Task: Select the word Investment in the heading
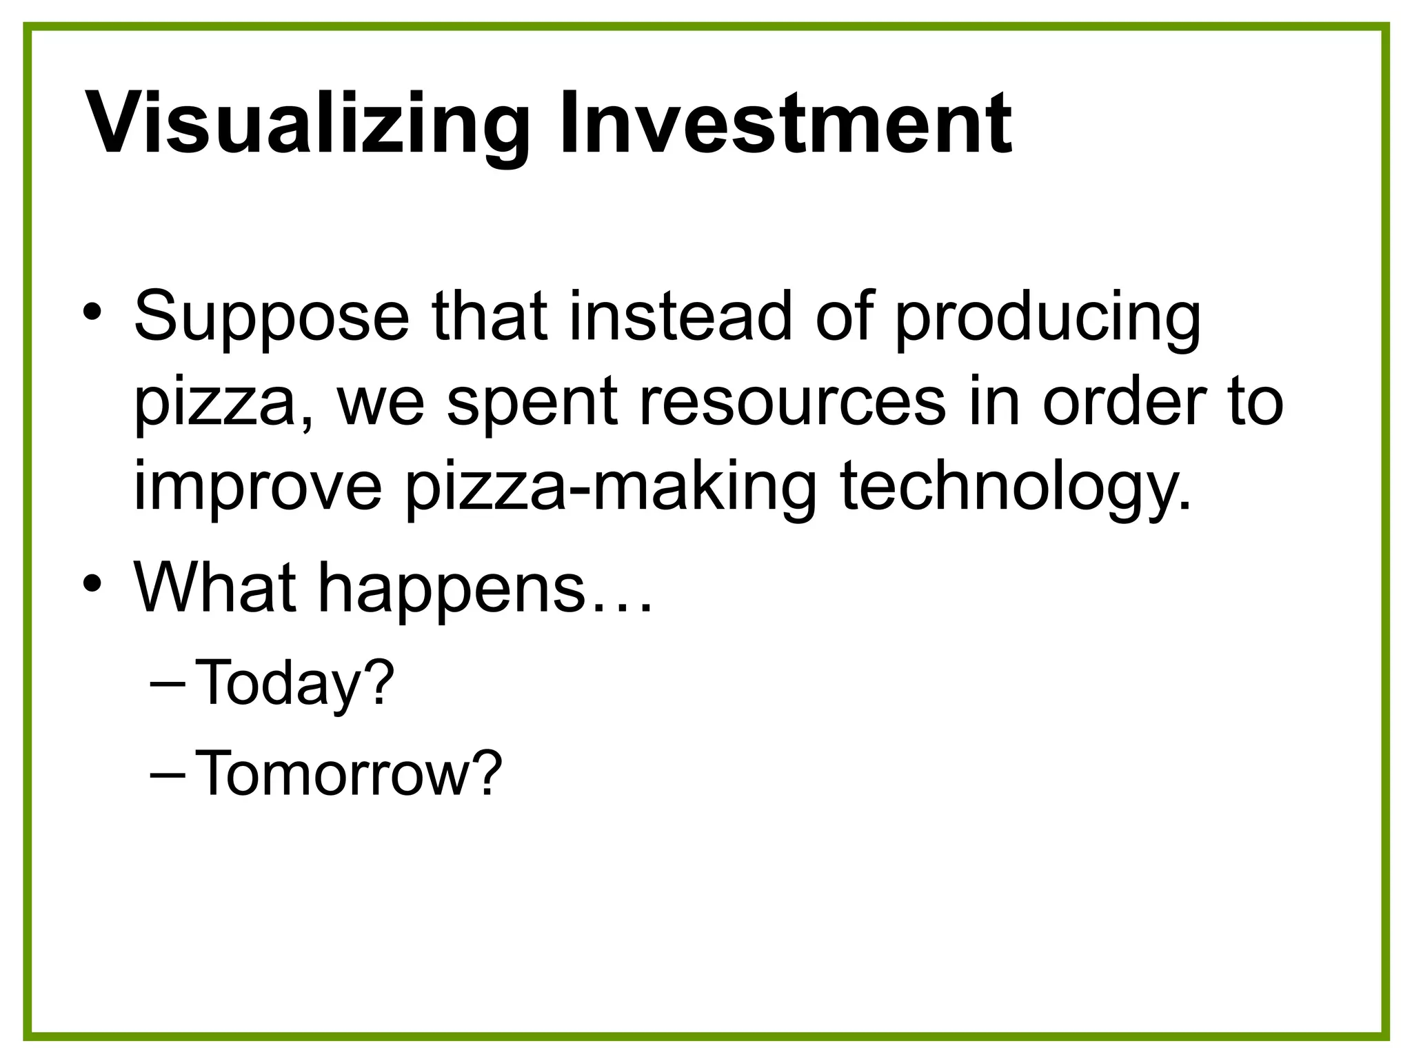coord(785,124)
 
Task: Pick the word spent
coord(532,403)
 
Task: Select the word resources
coord(793,403)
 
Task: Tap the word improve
coord(257,488)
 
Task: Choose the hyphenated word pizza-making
coord(610,488)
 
